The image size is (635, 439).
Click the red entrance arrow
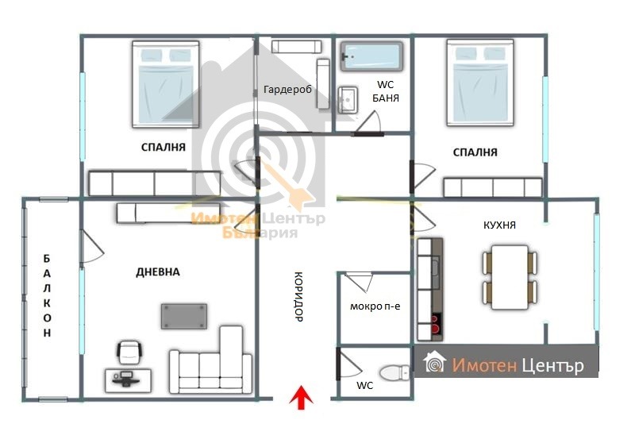(x=302, y=398)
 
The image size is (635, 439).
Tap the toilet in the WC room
(x=394, y=372)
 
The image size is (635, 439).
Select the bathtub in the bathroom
(x=371, y=56)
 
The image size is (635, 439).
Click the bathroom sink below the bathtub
(x=348, y=99)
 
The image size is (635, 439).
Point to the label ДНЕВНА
(x=158, y=271)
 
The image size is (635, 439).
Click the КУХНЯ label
(x=500, y=225)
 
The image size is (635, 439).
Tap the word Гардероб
(x=287, y=90)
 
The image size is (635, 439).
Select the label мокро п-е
(x=375, y=306)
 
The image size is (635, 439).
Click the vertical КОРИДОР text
(x=298, y=296)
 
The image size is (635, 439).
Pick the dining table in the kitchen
(x=510, y=277)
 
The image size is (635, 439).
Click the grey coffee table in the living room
(x=184, y=316)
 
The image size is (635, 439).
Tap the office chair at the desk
(x=129, y=352)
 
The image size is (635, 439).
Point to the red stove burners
(x=435, y=325)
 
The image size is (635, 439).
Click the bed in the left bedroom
(x=166, y=84)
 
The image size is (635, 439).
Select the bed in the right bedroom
(x=481, y=83)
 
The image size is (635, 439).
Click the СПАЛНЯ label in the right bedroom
(x=475, y=152)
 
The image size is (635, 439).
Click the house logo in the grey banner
(x=434, y=362)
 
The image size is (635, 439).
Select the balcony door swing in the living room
(x=92, y=247)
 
